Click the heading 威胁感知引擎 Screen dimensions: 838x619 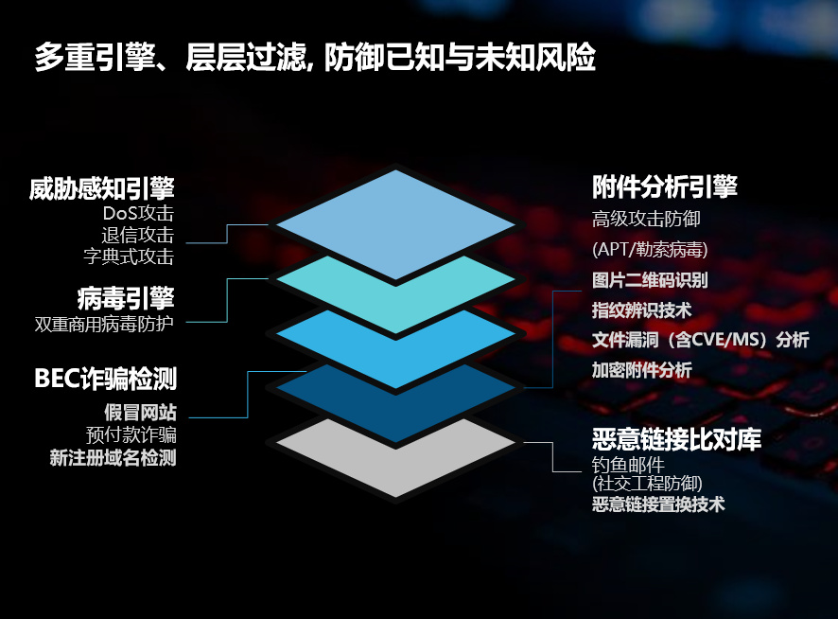point(101,188)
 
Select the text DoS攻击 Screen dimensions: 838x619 point(138,214)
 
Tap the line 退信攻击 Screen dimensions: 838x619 point(138,235)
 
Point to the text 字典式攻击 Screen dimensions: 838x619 point(129,256)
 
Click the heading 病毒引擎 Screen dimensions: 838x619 point(126,298)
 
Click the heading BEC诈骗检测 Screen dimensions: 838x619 point(105,379)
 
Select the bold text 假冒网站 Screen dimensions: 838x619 point(140,413)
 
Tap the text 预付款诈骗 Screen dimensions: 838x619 point(131,435)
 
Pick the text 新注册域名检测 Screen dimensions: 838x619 point(113,458)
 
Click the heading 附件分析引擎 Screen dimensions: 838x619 point(665,187)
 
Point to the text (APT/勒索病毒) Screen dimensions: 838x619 point(650,249)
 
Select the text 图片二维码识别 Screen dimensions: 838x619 point(650,280)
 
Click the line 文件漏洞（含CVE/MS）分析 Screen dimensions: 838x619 point(701,340)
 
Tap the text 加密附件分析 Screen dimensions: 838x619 point(642,370)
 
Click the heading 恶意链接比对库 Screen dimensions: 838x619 point(676,440)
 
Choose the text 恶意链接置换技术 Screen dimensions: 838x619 point(658,504)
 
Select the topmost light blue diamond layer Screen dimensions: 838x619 point(395,224)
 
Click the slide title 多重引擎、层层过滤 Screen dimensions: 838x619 point(170,57)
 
